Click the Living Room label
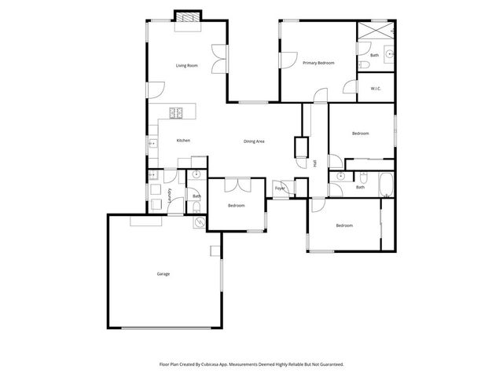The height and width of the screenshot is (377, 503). click(x=186, y=65)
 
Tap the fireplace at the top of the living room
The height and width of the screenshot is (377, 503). click(x=187, y=16)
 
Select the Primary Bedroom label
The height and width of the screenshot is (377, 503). click(x=319, y=63)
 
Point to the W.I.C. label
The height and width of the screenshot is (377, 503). click(x=376, y=88)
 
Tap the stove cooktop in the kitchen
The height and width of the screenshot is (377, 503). click(x=176, y=112)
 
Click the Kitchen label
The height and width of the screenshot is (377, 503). click(x=183, y=141)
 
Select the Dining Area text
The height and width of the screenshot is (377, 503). click(x=254, y=141)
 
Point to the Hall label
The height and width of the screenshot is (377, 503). click(x=315, y=163)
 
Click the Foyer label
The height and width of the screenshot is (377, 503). click(x=279, y=188)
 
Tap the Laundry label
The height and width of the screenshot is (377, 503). click(x=170, y=194)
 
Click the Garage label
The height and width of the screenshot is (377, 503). click(x=163, y=274)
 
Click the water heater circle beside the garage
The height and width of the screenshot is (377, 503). click(x=200, y=222)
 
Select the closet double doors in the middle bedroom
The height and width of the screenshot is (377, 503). click(x=237, y=185)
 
